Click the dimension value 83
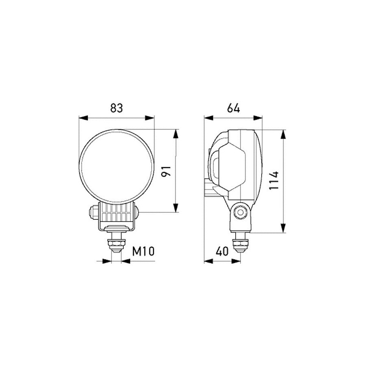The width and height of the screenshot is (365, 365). [x=116, y=108]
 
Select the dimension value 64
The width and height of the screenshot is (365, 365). [x=234, y=108]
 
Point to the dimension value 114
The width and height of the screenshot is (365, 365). [x=274, y=180]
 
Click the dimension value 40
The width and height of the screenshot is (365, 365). [x=222, y=251]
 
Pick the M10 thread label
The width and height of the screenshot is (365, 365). [x=144, y=251]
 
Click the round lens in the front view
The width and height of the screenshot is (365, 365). [x=117, y=166]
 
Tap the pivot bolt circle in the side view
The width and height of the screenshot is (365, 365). [x=240, y=212]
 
